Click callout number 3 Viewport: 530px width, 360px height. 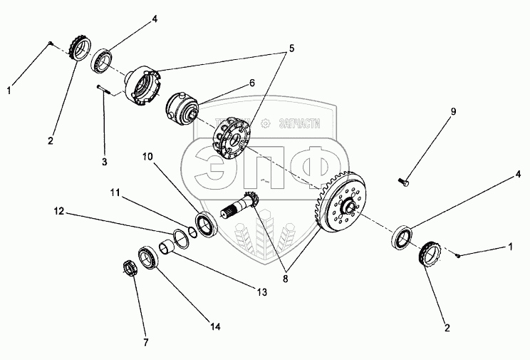point(104,163)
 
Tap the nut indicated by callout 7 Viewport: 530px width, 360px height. point(130,269)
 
